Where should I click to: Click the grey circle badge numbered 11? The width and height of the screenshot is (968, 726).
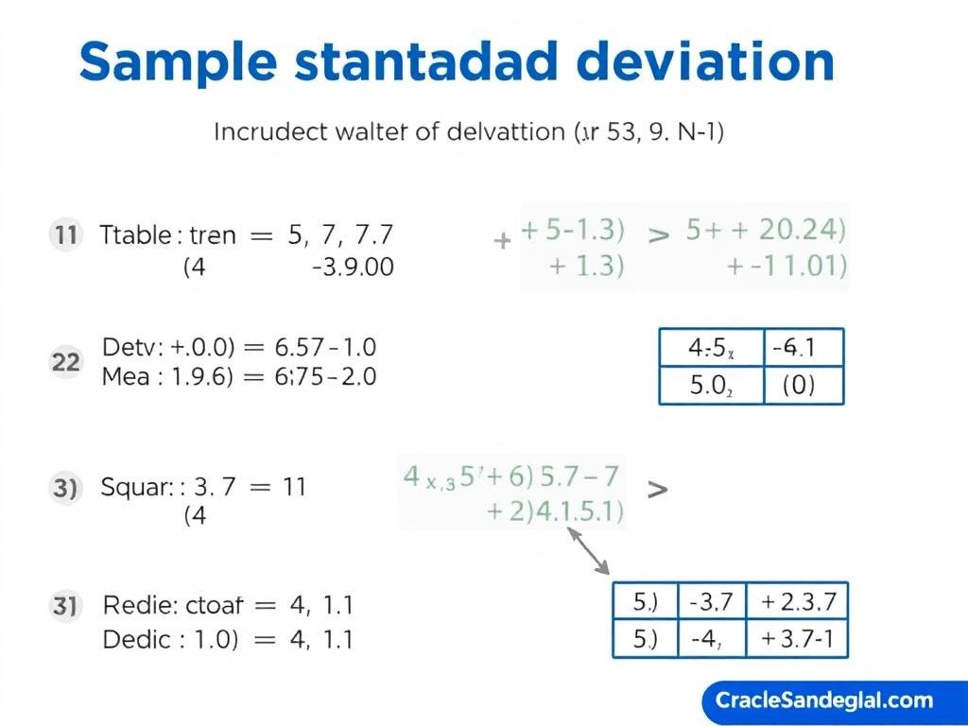(x=65, y=234)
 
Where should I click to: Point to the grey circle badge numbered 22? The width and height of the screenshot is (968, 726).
(x=65, y=362)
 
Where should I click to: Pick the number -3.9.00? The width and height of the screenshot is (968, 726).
(x=352, y=268)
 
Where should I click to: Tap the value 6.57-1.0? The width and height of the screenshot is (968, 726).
(x=324, y=347)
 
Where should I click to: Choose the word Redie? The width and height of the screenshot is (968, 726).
(x=132, y=604)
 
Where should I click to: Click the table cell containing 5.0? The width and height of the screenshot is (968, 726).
(x=708, y=386)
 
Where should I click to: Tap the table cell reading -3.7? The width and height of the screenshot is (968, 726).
(x=712, y=601)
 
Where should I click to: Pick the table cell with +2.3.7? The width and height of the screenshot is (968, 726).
(x=797, y=601)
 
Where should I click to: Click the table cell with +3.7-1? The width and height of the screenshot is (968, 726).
(x=797, y=639)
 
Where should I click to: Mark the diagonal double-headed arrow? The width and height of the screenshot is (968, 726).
(x=588, y=551)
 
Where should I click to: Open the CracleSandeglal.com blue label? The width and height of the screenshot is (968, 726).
(x=825, y=700)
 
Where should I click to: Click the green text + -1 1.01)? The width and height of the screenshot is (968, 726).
(x=786, y=267)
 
